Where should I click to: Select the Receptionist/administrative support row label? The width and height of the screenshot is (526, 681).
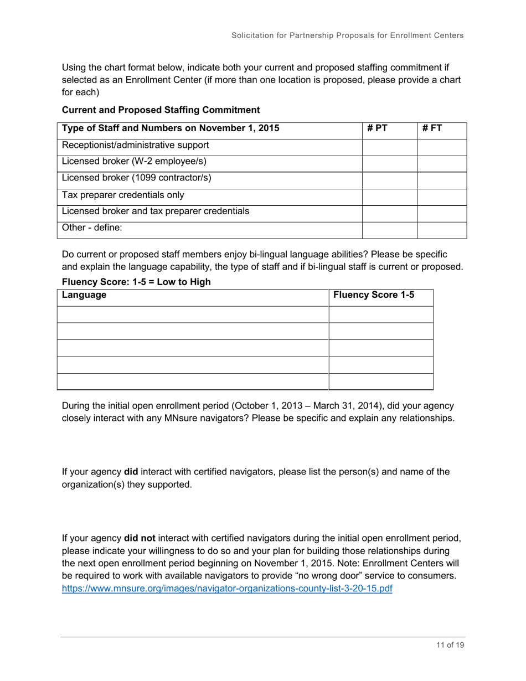(x=135, y=146)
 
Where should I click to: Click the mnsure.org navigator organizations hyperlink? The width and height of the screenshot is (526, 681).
(x=227, y=589)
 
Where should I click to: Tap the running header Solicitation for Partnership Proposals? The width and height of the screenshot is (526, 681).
(x=347, y=35)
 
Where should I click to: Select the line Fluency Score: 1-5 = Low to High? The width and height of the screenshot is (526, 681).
(x=136, y=282)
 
